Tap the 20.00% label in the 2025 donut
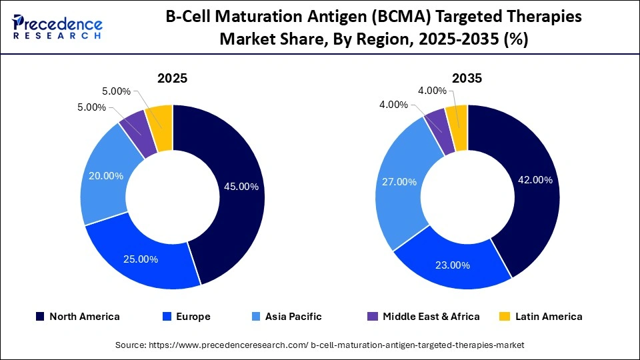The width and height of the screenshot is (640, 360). tap(106, 176)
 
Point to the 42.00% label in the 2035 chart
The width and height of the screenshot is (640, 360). tap(535, 179)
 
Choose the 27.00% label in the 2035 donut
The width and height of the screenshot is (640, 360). tap(399, 181)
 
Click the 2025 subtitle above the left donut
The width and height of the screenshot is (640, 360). tap(172, 78)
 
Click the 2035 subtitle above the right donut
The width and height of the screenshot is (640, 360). tap(467, 78)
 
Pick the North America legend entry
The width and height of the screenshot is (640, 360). tap(77, 317)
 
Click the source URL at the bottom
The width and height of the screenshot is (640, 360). tap(320, 345)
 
